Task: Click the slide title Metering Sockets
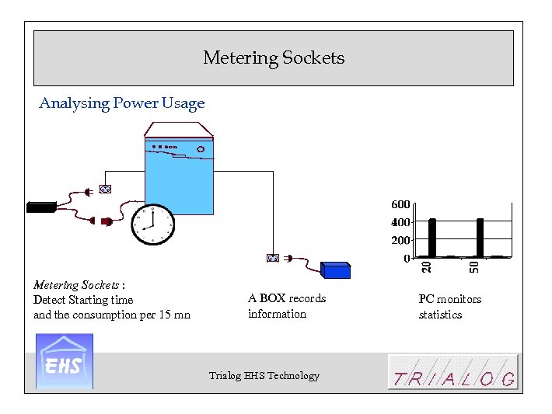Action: [274, 58]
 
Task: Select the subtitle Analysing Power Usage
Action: [122, 103]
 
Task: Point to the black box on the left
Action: [40, 207]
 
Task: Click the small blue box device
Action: [336, 270]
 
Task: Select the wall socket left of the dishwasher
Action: [106, 189]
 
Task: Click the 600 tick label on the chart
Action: [400, 204]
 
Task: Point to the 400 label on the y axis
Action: [400, 222]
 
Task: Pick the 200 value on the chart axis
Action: [400, 240]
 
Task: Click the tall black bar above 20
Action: [432, 237]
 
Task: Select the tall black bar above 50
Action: [480, 237]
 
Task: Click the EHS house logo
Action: [65, 361]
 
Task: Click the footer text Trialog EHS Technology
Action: [264, 376]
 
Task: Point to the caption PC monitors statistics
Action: [449, 307]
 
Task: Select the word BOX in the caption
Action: [272, 298]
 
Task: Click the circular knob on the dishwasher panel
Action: [201, 148]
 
